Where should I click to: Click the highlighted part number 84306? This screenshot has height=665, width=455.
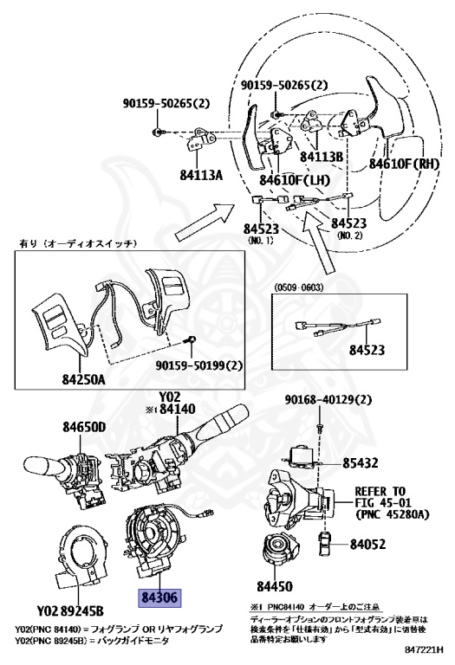pos(153,598)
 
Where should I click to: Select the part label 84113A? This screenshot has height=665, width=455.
pos(200,175)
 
